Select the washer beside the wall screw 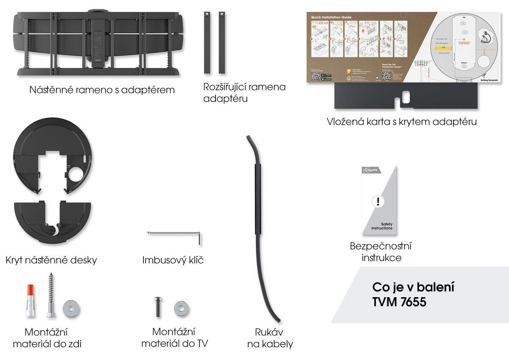(x=70, y=309)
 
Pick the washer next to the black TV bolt (x=181, y=308)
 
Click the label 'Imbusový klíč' (x=173, y=260)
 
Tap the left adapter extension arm (x=207, y=42)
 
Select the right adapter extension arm (x=221, y=42)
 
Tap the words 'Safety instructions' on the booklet (x=382, y=225)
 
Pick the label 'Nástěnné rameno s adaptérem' (x=102, y=90)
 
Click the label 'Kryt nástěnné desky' (x=51, y=260)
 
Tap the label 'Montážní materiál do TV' (x=174, y=337)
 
